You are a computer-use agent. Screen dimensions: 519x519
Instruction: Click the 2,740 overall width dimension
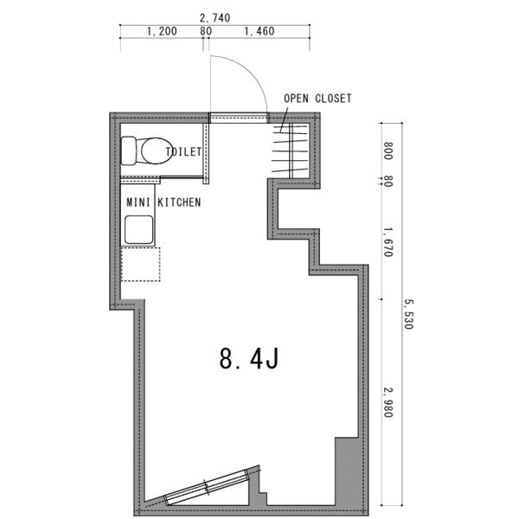tap(215, 18)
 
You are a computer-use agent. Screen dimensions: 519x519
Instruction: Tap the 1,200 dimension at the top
tap(162, 31)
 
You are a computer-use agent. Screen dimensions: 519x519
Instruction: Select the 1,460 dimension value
tap(259, 31)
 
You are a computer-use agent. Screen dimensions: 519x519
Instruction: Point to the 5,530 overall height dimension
tap(408, 314)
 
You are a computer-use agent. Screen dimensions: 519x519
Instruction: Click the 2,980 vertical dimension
tap(388, 402)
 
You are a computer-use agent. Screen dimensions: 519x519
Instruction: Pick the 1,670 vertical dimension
tap(388, 241)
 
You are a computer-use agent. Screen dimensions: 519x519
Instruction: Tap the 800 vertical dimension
tap(388, 151)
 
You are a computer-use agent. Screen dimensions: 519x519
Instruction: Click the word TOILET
tap(183, 152)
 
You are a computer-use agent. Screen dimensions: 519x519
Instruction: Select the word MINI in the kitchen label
tap(138, 202)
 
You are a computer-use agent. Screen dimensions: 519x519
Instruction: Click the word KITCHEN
tap(179, 202)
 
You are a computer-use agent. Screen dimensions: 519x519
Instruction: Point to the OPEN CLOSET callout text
tap(317, 99)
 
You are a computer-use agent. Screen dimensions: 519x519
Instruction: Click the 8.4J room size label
tap(249, 359)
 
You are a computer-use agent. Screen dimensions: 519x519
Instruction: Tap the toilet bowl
tap(156, 151)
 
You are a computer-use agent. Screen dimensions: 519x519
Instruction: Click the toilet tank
tap(129, 151)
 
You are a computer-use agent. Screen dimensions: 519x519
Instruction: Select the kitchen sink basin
tap(139, 230)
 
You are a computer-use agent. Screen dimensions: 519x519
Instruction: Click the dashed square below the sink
tap(141, 265)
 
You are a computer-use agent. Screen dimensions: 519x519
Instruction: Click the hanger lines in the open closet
tap(290, 151)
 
